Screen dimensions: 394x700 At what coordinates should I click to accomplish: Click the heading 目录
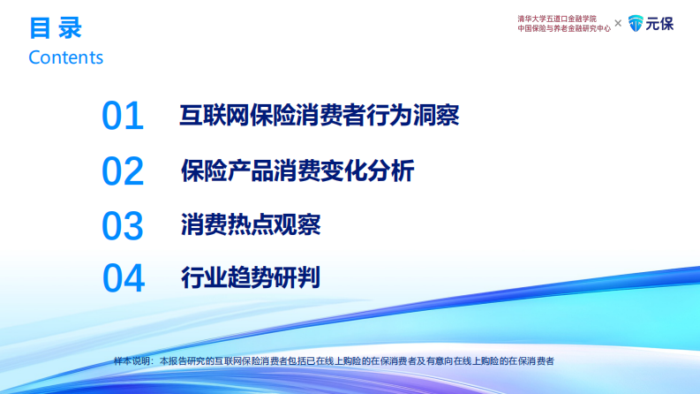point(55,28)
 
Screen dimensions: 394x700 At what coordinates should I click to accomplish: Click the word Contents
point(65,57)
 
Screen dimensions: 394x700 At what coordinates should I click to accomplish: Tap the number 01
point(123,117)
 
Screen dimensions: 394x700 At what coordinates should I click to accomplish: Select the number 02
point(123,171)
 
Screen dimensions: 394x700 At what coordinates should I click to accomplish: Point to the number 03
point(123,226)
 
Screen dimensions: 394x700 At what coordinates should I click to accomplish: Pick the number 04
point(123,279)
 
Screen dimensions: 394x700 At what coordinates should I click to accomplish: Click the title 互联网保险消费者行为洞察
point(320,116)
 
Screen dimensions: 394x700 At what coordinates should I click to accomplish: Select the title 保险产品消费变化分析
point(297,170)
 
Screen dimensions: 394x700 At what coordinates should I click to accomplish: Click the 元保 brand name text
point(660,24)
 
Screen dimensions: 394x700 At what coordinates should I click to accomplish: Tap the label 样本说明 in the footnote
point(132,361)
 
